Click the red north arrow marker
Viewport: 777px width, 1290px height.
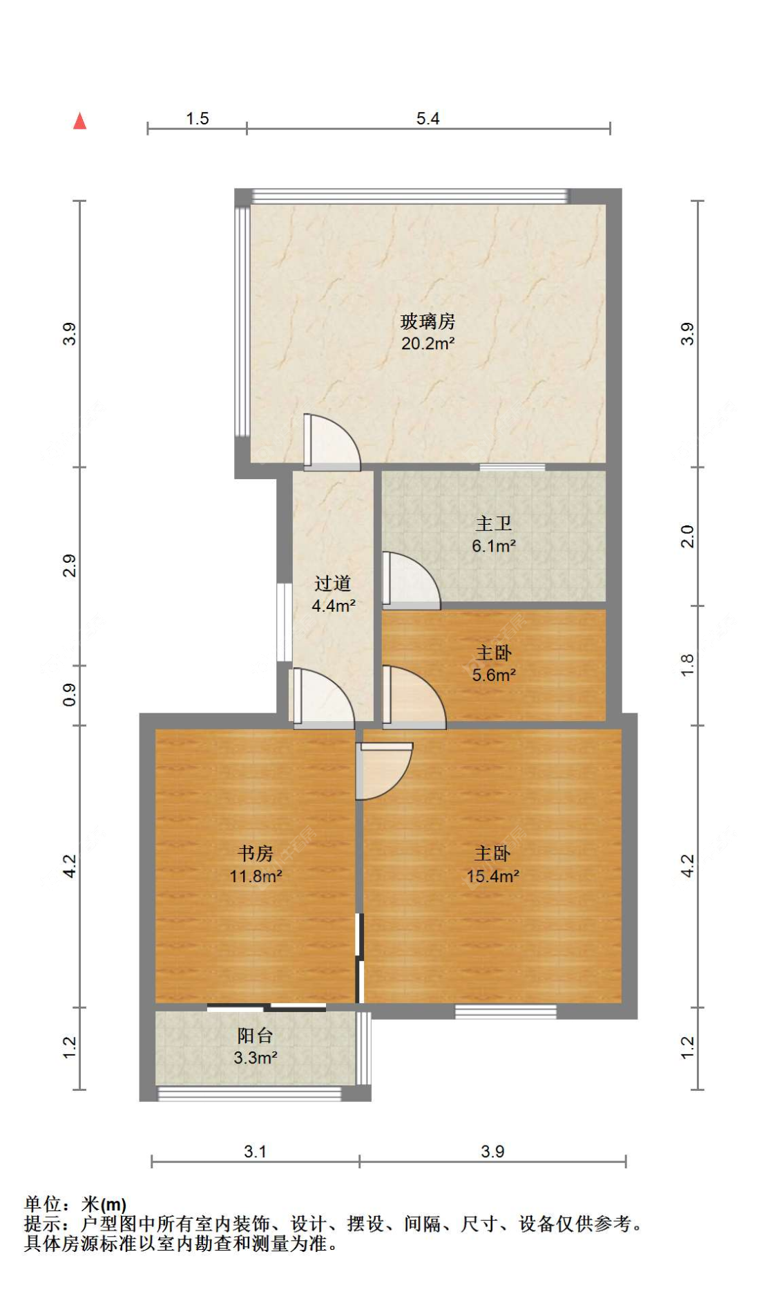click(80, 121)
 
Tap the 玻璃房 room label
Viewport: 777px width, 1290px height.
click(428, 321)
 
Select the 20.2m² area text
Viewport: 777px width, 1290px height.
click(428, 344)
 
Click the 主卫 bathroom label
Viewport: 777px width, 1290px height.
click(493, 524)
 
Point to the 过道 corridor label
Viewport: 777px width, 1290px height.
click(333, 583)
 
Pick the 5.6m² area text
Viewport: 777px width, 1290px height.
click(494, 675)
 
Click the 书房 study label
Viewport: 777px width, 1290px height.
click(256, 854)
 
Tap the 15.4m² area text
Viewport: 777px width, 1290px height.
click(492, 877)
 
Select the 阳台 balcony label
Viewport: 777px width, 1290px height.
click(256, 1036)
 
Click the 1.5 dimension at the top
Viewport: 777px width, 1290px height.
click(197, 118)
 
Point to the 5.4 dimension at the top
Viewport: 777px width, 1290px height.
click(428, 118)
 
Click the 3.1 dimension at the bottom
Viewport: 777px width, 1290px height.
click(255, 1151)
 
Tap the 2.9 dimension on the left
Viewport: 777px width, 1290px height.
click(69, 565)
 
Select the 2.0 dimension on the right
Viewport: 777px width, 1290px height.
click(687, 536)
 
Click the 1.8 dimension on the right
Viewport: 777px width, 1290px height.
click(687, 665)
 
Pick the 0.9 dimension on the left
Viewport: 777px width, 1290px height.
click(69, 695)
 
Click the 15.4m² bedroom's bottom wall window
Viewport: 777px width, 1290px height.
click(506, 1011)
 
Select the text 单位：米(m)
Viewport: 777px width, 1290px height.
click(75, 1204)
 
